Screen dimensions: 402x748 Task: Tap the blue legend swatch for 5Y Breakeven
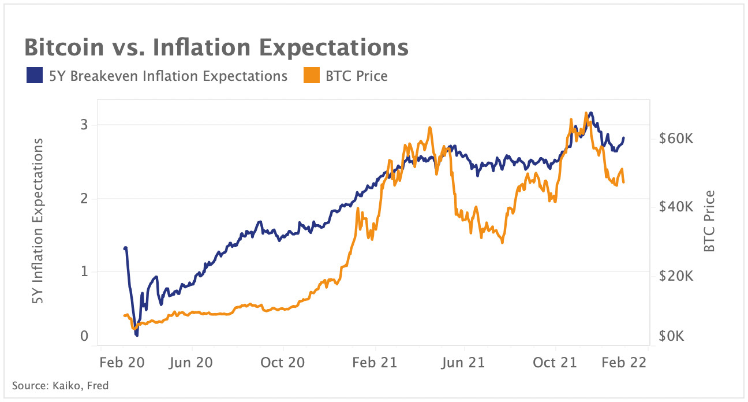[x=34, y=76]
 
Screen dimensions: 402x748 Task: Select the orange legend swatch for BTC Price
[x=311, y=76]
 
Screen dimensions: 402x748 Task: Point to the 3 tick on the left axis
[x=84, y=125]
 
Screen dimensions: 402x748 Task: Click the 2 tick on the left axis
[x=84, y=199]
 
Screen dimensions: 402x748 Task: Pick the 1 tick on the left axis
[x=84, y=271]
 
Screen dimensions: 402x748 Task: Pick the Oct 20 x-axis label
[x=283, y=363]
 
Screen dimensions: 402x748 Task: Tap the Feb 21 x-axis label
[x=375, y=363]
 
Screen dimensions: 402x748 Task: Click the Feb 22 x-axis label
[x=624, y=363]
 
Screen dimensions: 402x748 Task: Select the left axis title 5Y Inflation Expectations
[x=38, y=222]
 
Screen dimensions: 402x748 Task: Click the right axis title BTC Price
[x=710, y=221]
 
